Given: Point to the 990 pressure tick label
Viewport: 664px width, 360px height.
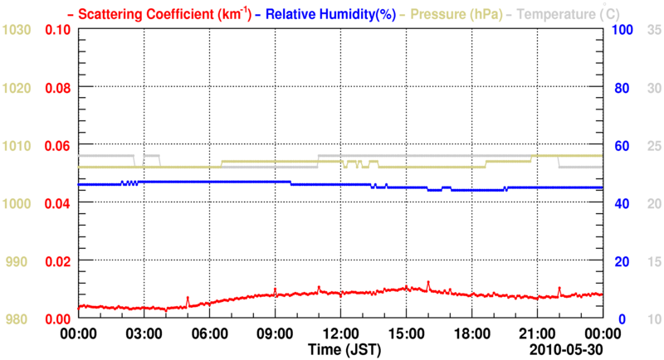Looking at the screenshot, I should point(20,261).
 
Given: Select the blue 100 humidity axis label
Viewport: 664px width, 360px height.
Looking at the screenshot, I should point(623,30).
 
